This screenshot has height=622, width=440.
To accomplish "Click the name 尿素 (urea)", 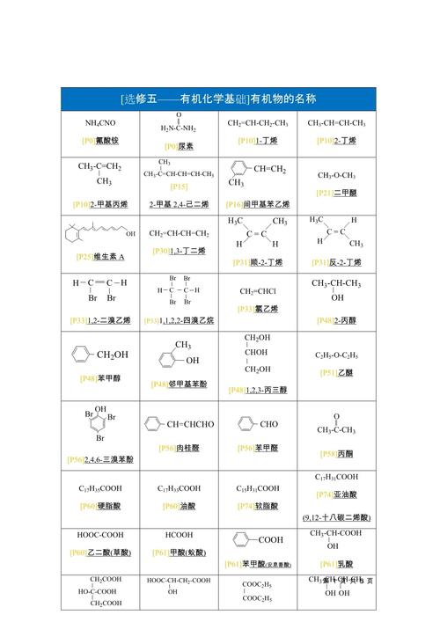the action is click(x=185, y=146).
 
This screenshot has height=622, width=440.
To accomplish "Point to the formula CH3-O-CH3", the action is click(x=336, y=175).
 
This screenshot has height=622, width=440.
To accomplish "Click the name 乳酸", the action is click(x=345, y=564).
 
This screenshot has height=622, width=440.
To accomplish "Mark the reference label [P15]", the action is click(x=179, y=187).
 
